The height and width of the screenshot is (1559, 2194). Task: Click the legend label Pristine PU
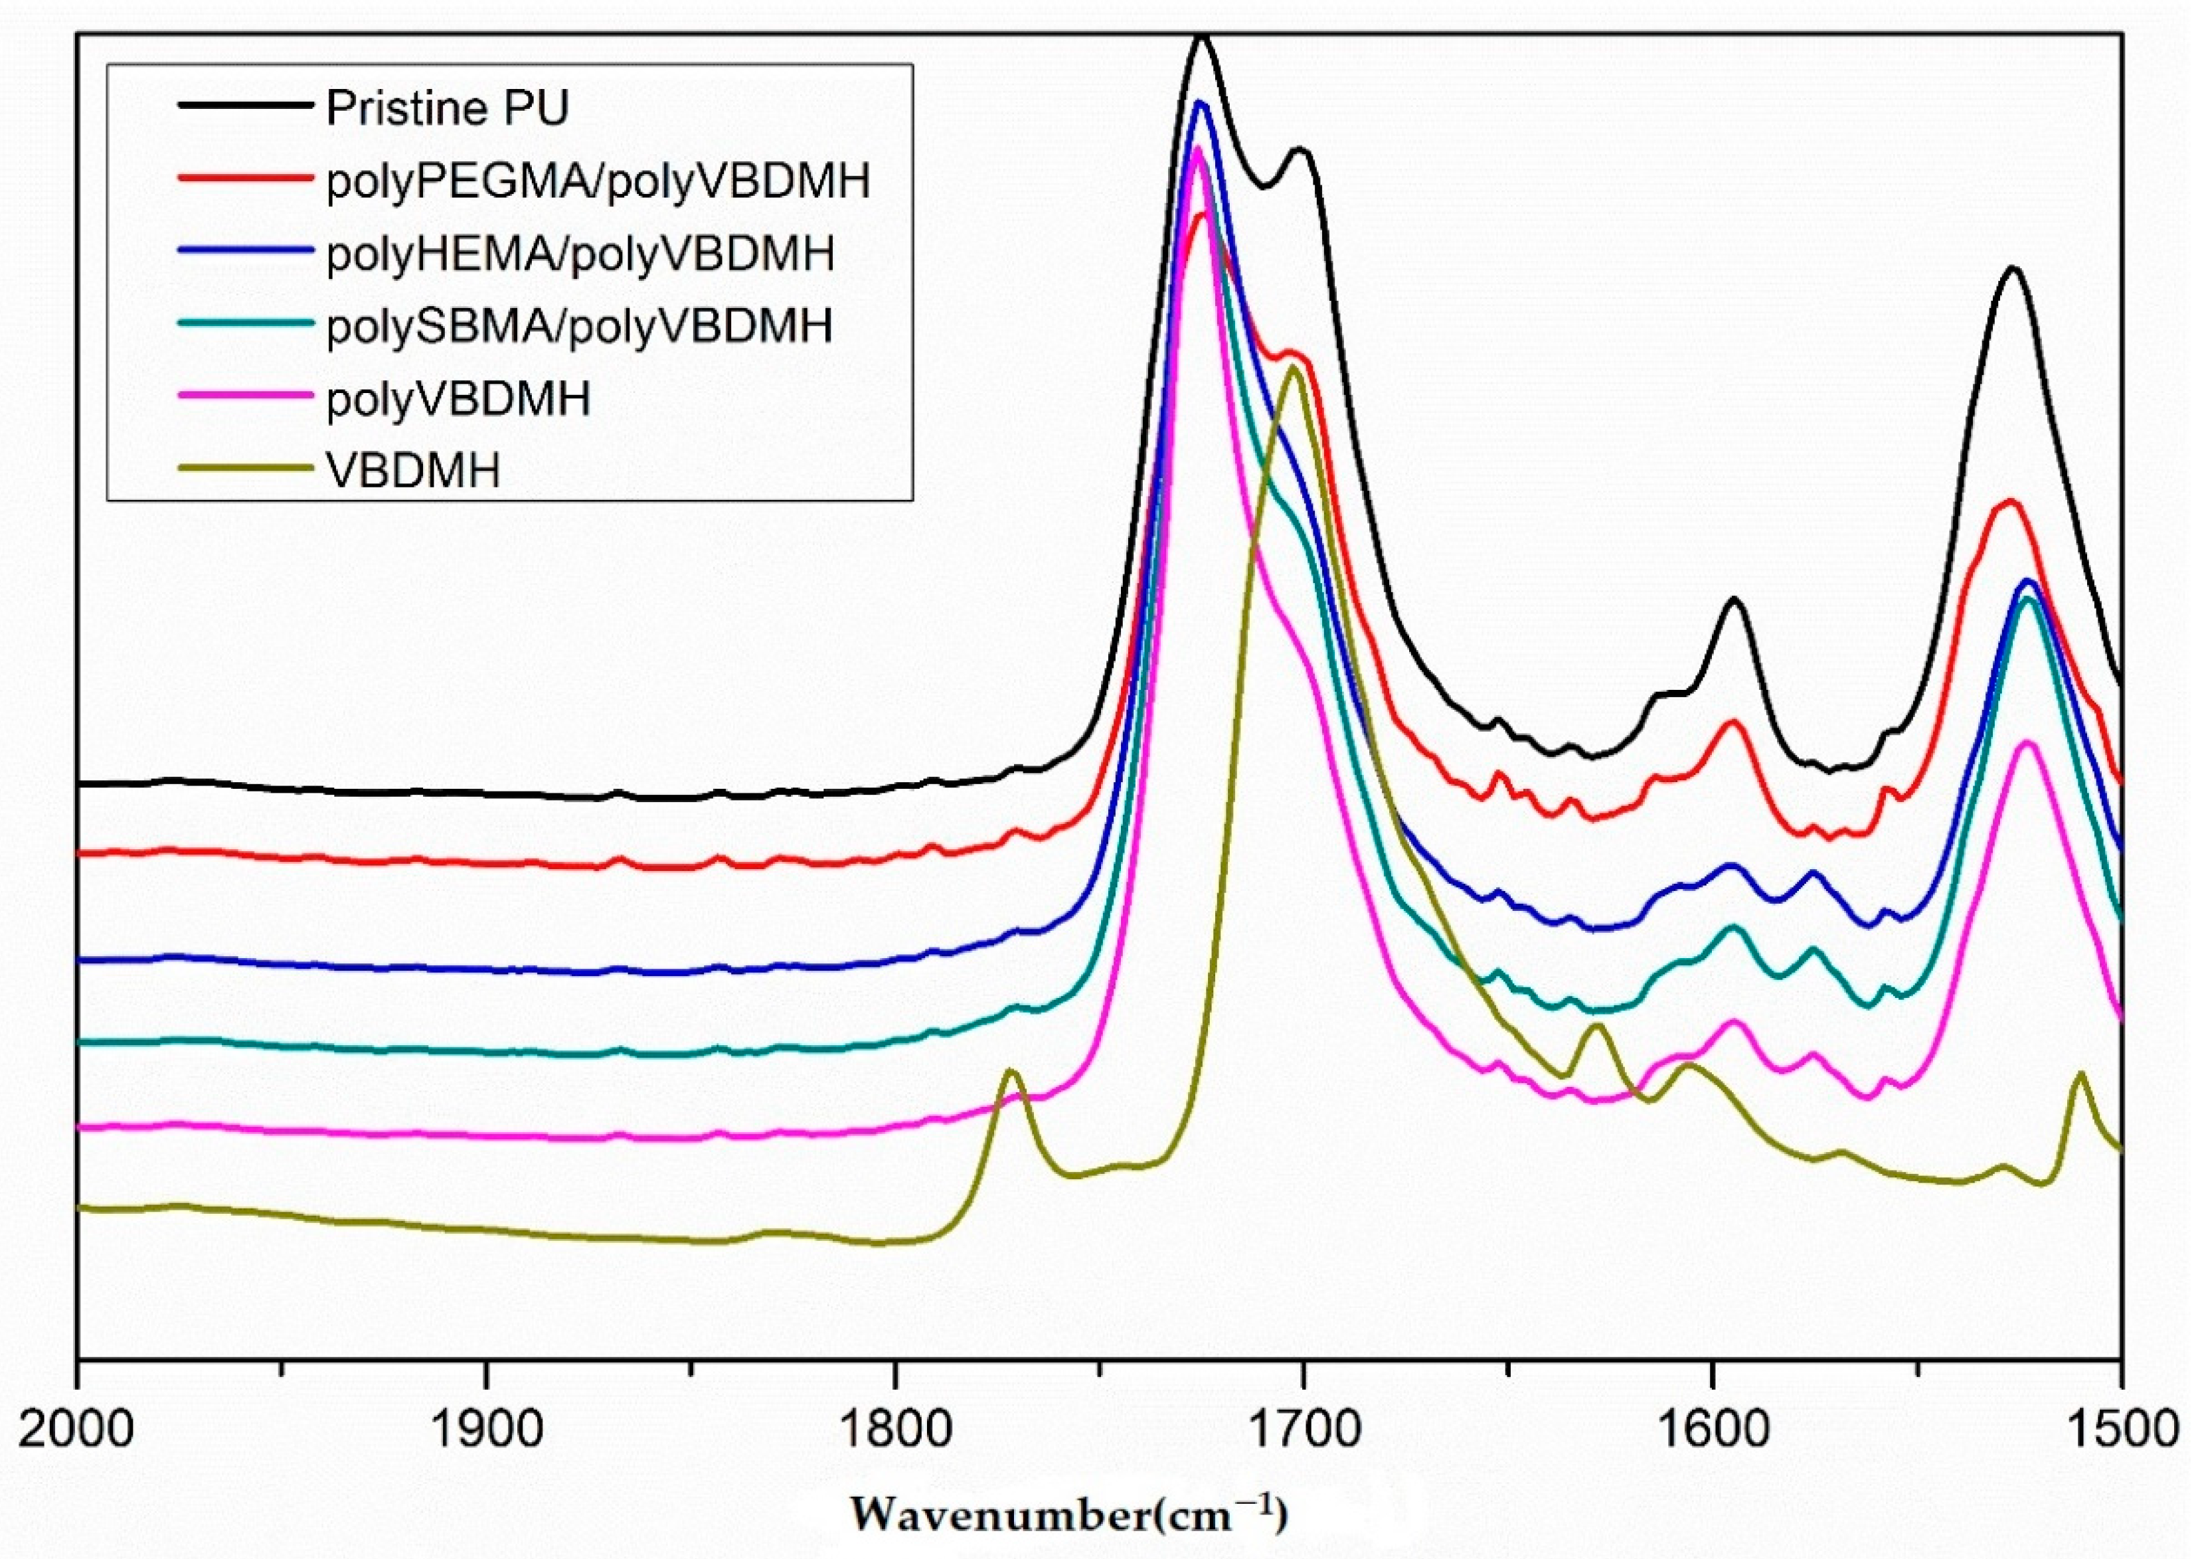point(448,108)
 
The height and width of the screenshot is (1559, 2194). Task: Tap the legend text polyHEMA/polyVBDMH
point(580,254)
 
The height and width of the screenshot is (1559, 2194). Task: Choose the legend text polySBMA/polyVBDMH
point(579,327)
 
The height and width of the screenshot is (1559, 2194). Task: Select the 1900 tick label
point(487,1430)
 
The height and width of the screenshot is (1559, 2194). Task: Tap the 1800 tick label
point(895,1430)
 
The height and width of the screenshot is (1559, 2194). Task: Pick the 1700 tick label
point(1303,1430)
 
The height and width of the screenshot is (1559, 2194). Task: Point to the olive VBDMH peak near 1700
point(1294,368)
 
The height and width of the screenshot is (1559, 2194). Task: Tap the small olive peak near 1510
point(2080,1074)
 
